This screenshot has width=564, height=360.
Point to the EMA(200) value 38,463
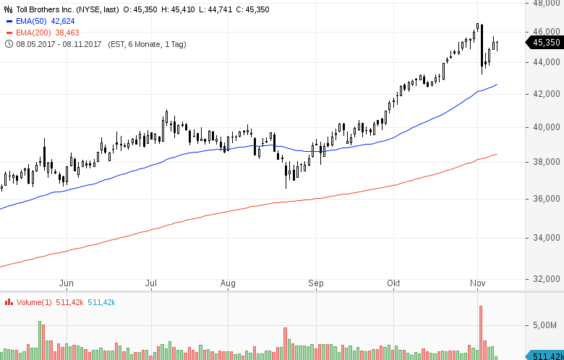pyautogui.click(x=68, y=33)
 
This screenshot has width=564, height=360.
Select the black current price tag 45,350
pyautogui.click(x=547, y=43)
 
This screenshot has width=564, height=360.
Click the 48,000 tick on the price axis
pyautogui.click(x=547, y=3)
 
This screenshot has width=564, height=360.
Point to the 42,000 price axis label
pyautogui.click(x=547, y=94)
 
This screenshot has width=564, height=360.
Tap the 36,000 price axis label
pyautogui.click(x=547, y=199)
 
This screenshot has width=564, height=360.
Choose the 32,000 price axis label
pyautogui.click(x=547, y=278)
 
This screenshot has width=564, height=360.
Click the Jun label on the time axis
pyautogui.click(x=67, y=283)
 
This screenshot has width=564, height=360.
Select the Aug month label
pyautogui.click(x=228, y=283)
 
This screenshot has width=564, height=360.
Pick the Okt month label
pyautogui.click(x=394, y=283)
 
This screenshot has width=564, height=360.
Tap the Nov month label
pyautogui.click(x=477, y=283)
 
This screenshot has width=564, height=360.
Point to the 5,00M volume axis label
pyautogui.click(x=547, y=325)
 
